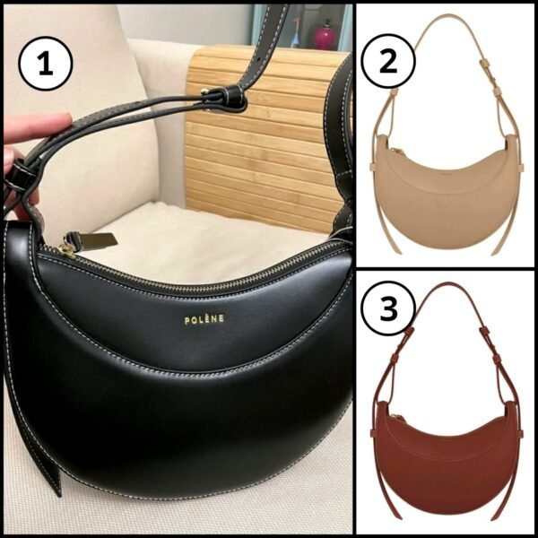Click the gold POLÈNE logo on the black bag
[204, 319]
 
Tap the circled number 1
[46, 63]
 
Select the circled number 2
[388, 61]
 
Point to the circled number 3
[388, 308]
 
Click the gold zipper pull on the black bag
[65, 251]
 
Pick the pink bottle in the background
[325, 35]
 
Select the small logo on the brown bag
[446, 438]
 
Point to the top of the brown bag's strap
[446, 284]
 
